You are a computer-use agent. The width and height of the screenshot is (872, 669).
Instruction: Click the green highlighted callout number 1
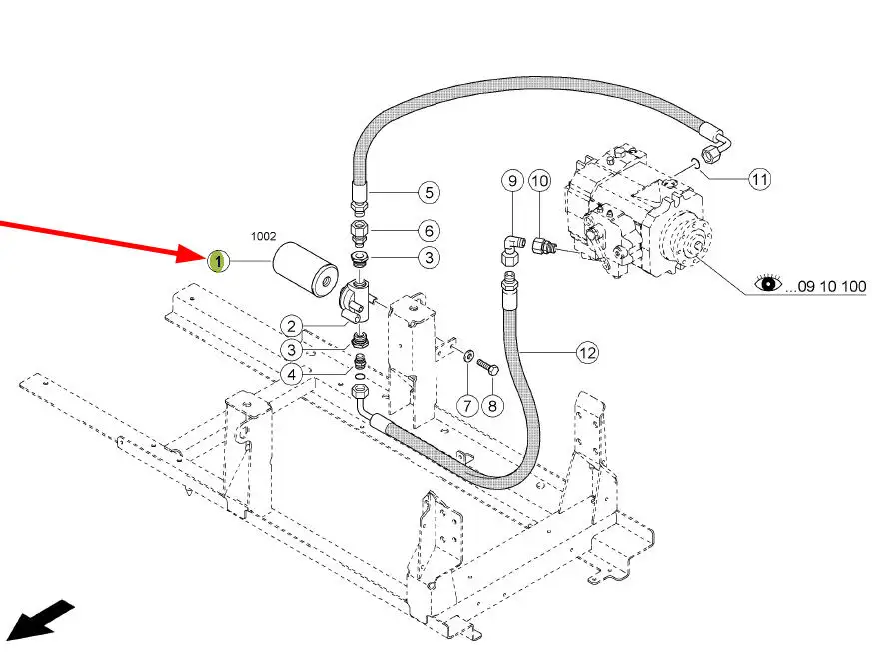[218, 261]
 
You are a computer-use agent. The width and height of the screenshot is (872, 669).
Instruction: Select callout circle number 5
[429, 193]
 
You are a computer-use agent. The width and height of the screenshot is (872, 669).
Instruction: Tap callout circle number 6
[429, 230]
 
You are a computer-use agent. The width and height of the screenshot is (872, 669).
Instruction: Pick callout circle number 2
[292, 327]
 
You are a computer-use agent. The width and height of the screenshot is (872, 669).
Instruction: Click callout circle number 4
[292, 375]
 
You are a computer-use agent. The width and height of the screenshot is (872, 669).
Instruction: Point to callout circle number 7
[467, 405]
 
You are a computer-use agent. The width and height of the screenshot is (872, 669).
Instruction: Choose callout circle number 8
[492, 406]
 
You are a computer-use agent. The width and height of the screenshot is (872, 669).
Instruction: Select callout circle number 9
[512, 180]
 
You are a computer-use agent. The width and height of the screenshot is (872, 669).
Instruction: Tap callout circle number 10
[539, 180]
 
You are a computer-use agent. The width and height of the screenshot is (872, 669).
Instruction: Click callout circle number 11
[760, 179]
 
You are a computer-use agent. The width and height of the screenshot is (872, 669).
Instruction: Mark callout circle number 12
[587, 352]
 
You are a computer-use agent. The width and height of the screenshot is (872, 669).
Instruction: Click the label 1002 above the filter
[263, 236]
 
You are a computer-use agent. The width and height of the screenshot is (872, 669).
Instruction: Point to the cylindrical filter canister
[305, 269]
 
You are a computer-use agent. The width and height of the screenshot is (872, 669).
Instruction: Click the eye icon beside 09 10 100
[768, 283]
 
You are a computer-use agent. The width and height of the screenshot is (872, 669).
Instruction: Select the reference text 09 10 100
[826, 287]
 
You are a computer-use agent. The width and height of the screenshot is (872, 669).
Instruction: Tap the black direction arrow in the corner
[39, 620]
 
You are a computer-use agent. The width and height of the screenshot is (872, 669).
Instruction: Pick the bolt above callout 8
[488, 367]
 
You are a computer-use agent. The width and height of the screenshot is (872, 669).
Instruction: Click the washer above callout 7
[468, 353]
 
